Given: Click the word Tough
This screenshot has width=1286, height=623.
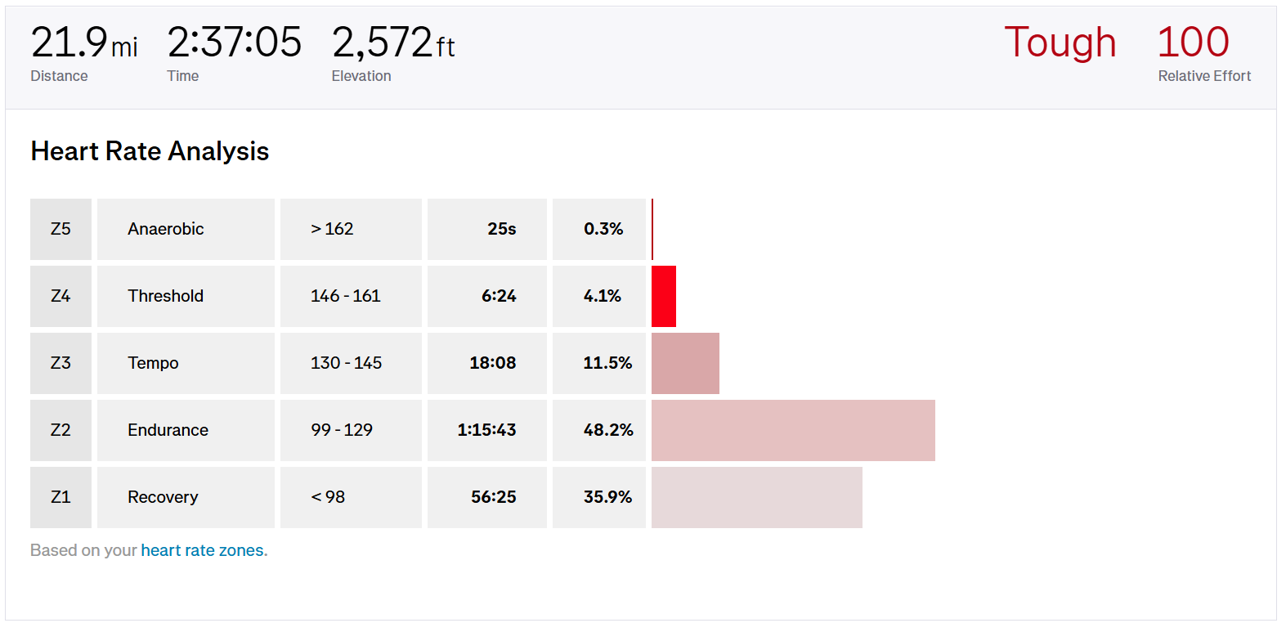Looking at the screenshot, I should click(1060, 43).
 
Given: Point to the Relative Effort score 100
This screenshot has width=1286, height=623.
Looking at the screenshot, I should click(1193, 43).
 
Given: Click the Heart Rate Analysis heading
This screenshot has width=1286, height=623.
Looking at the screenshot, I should click(150, 151).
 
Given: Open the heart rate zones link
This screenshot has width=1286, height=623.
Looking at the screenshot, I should click(203, 550).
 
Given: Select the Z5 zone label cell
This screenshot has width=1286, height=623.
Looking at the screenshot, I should click(60, 229).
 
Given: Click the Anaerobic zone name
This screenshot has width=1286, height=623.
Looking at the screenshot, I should click(166, 229).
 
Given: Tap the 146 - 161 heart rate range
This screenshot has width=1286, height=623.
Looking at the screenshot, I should click(346, 296).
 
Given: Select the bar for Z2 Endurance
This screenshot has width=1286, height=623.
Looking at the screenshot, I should click(793, 430).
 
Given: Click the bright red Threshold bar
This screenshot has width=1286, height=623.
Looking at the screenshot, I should click(664, 296).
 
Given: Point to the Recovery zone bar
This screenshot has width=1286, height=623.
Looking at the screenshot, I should click(756, 497).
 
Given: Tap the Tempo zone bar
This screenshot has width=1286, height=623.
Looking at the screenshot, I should click(685, 363).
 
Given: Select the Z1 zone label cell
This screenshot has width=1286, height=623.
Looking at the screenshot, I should click(60, 497).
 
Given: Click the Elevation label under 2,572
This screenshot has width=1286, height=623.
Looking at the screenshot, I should click(361, 76).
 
